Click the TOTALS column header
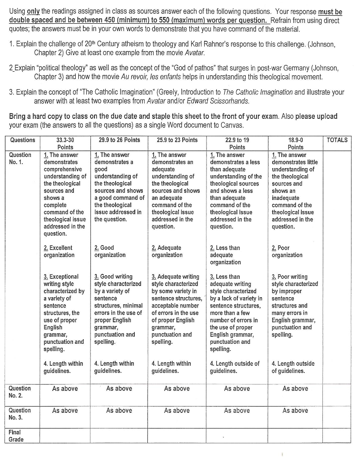click(x=337, y=140)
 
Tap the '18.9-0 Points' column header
click(x=295, y=143)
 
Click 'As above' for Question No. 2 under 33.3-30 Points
click(x=65, y=389)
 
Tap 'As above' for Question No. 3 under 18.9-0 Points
click(x=295, y=411)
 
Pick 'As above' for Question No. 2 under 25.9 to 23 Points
click(x=176, y=389)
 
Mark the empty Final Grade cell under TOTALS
click(x=337, y=435)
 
